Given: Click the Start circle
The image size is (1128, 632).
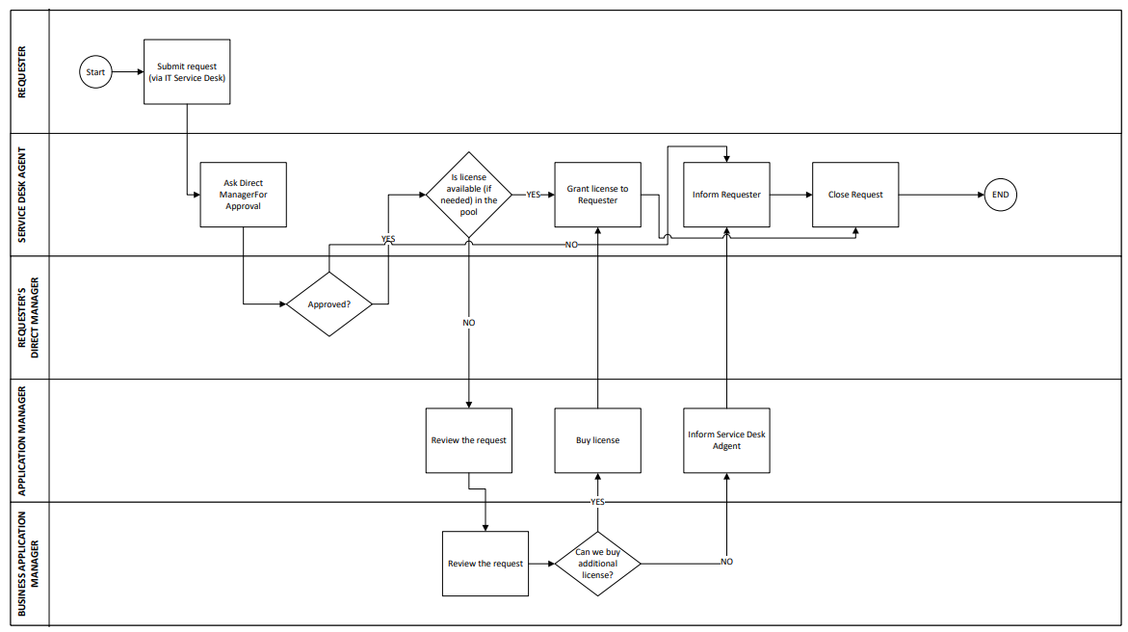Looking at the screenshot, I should click(x=95, y=72).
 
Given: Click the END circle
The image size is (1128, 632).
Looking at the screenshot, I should click(x=1001, y=195).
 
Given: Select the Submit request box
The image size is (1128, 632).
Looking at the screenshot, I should click(x=187, y=72).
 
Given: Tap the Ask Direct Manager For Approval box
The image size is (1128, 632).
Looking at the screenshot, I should click(x=243, y=195).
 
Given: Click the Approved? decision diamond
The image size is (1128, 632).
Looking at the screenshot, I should click(x=329, y=304).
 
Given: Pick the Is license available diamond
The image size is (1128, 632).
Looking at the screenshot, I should click(x=468, y=195).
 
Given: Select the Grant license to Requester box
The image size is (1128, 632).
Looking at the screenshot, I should click(x=597, y=195).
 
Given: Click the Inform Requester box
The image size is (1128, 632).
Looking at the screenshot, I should click(x=726, y=195).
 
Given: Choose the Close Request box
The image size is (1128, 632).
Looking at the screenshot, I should click(x=855, y=195).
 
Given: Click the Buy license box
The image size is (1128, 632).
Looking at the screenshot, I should click(x=597, y=440).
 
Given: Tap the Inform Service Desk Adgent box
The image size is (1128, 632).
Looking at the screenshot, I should click(x=726, y=440).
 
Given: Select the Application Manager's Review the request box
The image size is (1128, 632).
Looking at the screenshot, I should click(x=468, y=440).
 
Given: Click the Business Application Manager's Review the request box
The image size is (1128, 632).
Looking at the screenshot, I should click(x=485, y=564).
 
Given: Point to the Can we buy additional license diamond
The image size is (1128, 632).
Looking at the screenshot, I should click(x=597, y=564).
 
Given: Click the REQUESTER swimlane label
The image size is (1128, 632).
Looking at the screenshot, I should click(x=23, y=72).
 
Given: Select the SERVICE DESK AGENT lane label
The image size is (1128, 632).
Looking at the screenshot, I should click(x=23, y=195).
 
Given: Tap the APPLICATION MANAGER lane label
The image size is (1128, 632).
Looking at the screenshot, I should click(x=23, y=440).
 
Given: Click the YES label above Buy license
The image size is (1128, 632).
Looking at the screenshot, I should click(x=597, y=503).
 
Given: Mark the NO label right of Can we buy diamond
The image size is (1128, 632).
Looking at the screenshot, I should click(x=726, y=562).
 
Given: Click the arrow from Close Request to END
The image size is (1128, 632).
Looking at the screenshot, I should click(x=940, y=195).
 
